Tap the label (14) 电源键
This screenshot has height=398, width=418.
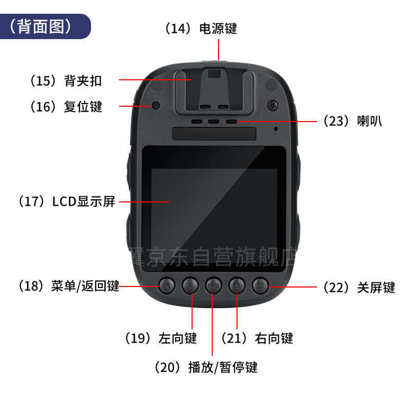[201, 29]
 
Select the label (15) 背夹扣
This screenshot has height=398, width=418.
[66, 81]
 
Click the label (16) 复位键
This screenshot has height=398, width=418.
[66, 106]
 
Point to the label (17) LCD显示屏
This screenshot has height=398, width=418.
[67, 201]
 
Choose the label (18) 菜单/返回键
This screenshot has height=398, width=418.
[69, 286]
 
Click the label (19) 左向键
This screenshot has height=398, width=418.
[161, 338]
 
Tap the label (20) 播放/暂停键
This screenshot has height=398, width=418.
[206, 367]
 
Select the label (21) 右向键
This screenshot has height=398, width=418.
[257, 338]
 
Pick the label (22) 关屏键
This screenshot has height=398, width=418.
[359, 288]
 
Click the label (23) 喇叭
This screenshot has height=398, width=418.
[353, 121]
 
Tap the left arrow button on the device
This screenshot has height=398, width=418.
[190, 286]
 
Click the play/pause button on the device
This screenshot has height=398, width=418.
[213, 286]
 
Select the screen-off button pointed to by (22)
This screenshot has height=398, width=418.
[260, 286]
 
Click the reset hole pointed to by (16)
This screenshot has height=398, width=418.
[156, 105]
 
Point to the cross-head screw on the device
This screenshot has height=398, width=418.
[272, 105]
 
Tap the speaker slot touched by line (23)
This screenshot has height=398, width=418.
[231, 122]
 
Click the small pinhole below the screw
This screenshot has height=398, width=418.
[276, 129]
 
